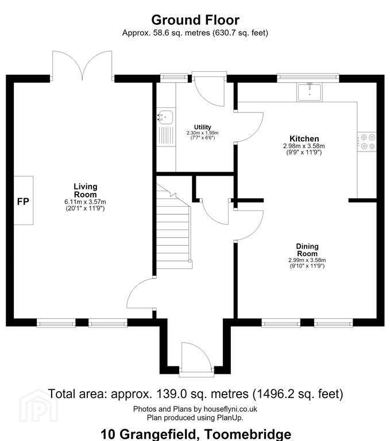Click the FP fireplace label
tap(23, 202)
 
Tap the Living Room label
tap(85, 191)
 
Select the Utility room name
tap(202, 127)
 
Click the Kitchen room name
tap(304, 138)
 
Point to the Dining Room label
tap(307, 250)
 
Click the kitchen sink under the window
tap(309, 92)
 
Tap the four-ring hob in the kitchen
tap(367, 142)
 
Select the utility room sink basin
tap(166, 117)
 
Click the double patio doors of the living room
tap(82, 65)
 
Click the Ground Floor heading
tap(195, 20)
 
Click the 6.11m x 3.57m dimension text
tap(85, 202)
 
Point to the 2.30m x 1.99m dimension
tap(202, 133)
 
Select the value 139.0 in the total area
tap(169, 394)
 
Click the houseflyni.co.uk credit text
tap(230, 409)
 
